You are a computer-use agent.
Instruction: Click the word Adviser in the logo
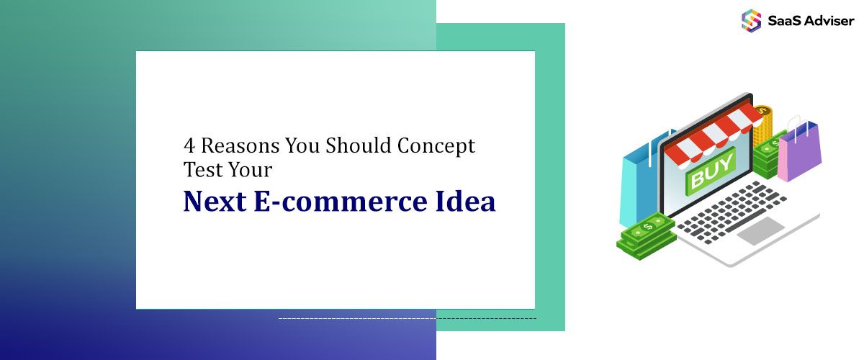point(828,20)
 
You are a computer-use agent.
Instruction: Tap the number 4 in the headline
point(189,146)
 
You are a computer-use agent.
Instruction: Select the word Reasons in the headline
point(239,146)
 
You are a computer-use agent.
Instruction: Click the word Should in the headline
point(354,146)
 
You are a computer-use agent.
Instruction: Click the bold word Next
point(213,202)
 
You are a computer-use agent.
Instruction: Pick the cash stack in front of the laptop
point(646,234)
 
